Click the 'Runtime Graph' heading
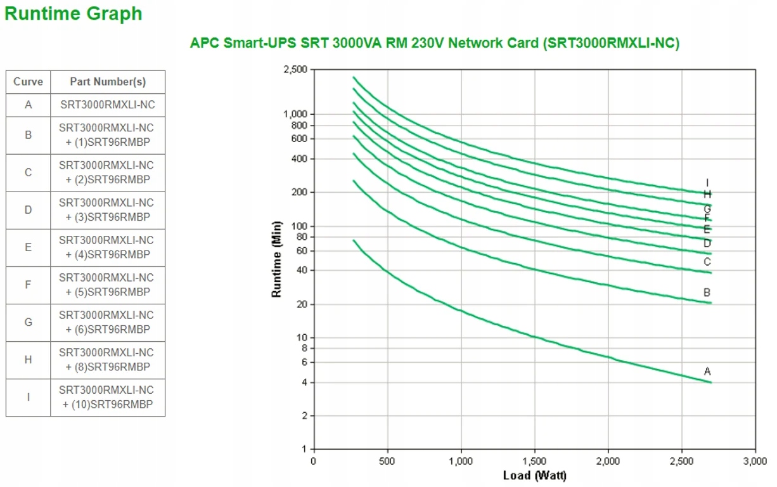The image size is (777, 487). [74, 14]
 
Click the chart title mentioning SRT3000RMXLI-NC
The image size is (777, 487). [434, 43]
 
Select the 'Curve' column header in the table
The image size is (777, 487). [28, 82]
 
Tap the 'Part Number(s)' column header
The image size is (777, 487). [108, 82]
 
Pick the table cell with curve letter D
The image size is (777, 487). [28, 210]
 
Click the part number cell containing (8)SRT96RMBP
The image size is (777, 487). [108, 360]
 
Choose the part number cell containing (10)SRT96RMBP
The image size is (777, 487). [108, 397]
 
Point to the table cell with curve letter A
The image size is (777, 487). [28, 105]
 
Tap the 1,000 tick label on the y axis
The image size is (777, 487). [295, 114]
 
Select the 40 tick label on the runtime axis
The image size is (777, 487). [301, 271]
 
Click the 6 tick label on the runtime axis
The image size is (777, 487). [304, 363]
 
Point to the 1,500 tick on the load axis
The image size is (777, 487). [534, 461]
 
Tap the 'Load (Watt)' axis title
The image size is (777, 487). [534, 475]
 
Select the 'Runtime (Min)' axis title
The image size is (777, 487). [276, 259]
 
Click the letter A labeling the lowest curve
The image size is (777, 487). [707, 372]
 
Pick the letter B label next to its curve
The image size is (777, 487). [707, 293]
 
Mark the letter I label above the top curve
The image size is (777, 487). [707, 183]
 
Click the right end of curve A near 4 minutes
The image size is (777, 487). [710, 382]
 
